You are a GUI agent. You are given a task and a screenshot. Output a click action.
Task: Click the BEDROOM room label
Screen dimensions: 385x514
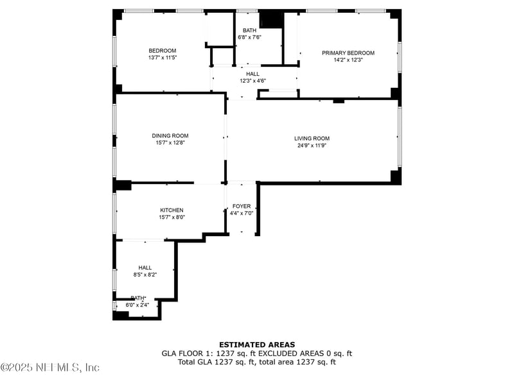pos(162,51)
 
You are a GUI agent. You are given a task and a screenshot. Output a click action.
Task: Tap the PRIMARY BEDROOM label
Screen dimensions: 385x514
pos(348,53)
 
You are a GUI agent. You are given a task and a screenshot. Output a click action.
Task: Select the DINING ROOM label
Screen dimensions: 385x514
pos(170,135)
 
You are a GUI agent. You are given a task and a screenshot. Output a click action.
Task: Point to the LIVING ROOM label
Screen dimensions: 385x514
pos(312,139)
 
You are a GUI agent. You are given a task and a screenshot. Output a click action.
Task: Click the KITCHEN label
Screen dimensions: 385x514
pos(172,210)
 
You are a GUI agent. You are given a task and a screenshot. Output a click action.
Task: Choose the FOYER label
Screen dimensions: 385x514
pos(242,206)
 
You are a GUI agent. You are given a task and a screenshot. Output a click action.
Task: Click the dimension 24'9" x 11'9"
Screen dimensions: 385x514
pos(312,146)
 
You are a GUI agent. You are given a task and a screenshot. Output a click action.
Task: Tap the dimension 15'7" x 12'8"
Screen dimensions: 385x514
pos(170,143)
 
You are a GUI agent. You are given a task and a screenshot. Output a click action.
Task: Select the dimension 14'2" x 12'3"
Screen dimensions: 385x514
pos(348,60)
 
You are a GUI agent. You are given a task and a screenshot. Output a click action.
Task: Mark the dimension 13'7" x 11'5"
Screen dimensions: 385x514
pos(162,58)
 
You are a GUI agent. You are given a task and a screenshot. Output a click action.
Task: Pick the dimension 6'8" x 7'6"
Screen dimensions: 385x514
pos(249,37)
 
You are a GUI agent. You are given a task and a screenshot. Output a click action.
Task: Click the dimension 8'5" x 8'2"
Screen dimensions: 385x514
pos(145,275)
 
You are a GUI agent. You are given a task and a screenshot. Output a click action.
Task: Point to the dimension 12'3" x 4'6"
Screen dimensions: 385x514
pos(253,81)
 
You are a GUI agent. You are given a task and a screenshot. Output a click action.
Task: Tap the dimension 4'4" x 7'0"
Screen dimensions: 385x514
pos(242,213)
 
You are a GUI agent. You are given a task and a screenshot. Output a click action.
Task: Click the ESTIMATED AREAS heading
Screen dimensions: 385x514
pos(257,345)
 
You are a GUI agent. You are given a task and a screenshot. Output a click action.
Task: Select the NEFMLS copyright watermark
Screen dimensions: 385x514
pos(50,368)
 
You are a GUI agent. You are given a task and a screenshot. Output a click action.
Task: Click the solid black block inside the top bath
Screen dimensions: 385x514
pos(271,20)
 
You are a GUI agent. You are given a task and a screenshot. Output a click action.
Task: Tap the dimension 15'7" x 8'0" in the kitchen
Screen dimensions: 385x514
pos(172,218)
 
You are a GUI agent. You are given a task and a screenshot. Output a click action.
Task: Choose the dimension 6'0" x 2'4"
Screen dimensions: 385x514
pos(138,305)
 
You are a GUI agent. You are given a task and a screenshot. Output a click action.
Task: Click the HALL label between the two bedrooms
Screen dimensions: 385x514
pos(253,74)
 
